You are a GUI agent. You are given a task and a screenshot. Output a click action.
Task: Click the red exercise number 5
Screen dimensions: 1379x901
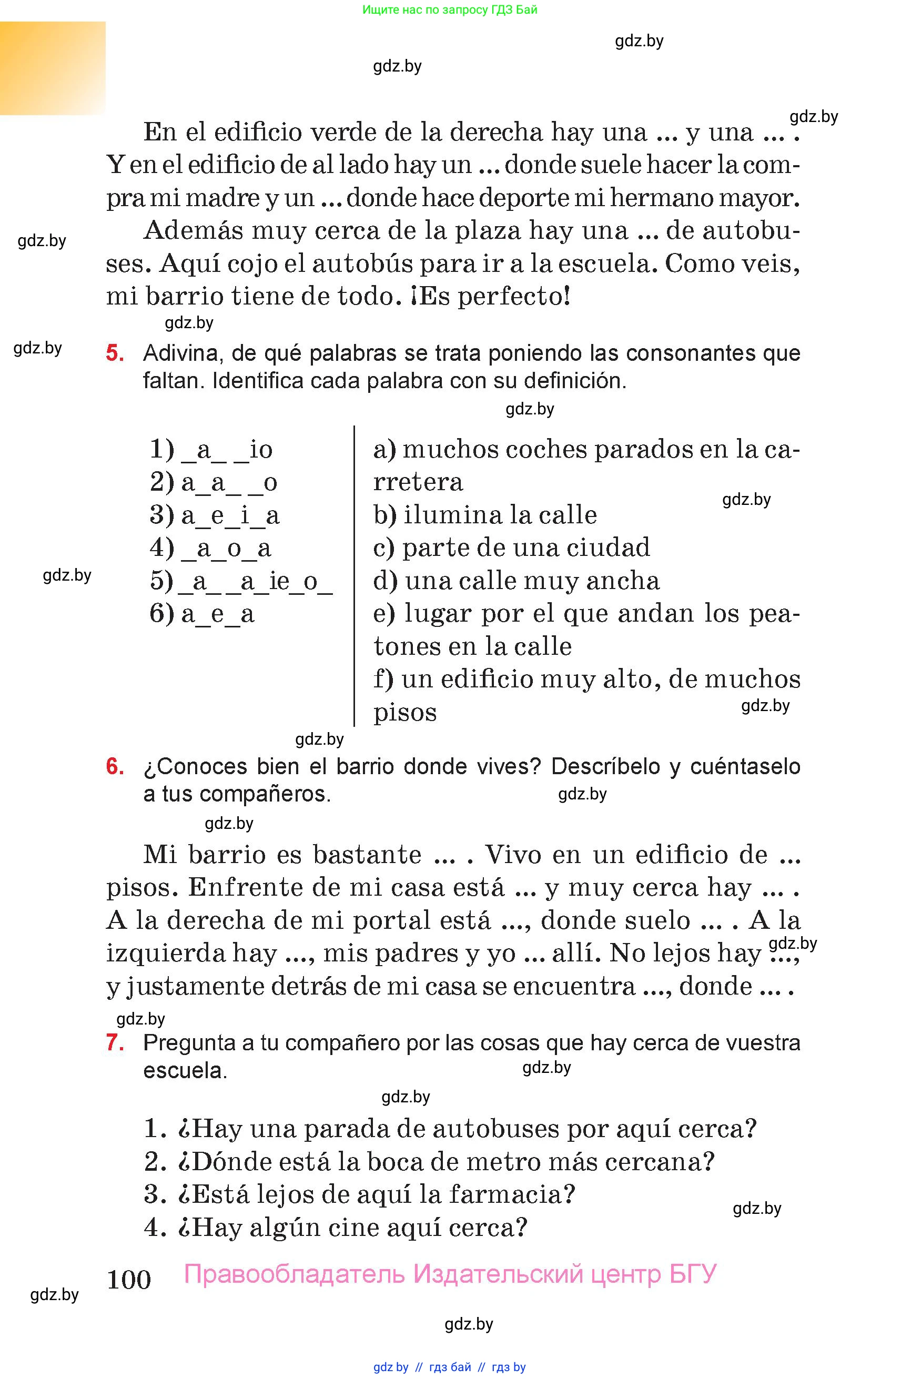115,353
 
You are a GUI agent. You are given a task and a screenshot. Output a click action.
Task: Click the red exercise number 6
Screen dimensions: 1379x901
115,767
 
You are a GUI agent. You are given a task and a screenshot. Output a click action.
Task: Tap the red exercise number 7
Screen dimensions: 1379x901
115,1042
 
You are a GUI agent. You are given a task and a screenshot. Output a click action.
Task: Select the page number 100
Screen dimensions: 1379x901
129,1279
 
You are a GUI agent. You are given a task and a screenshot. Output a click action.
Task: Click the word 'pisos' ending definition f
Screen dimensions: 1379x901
405,713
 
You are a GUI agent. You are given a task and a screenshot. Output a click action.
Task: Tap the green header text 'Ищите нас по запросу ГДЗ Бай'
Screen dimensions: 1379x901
450,10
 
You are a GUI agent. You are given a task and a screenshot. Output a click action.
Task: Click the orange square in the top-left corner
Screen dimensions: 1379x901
52,68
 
